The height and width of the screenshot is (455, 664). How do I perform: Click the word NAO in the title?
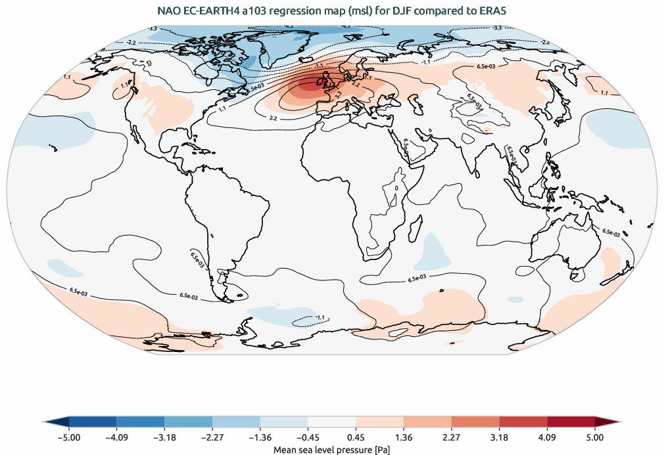point(170,11)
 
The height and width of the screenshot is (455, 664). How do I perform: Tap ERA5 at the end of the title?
point(492,11)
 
